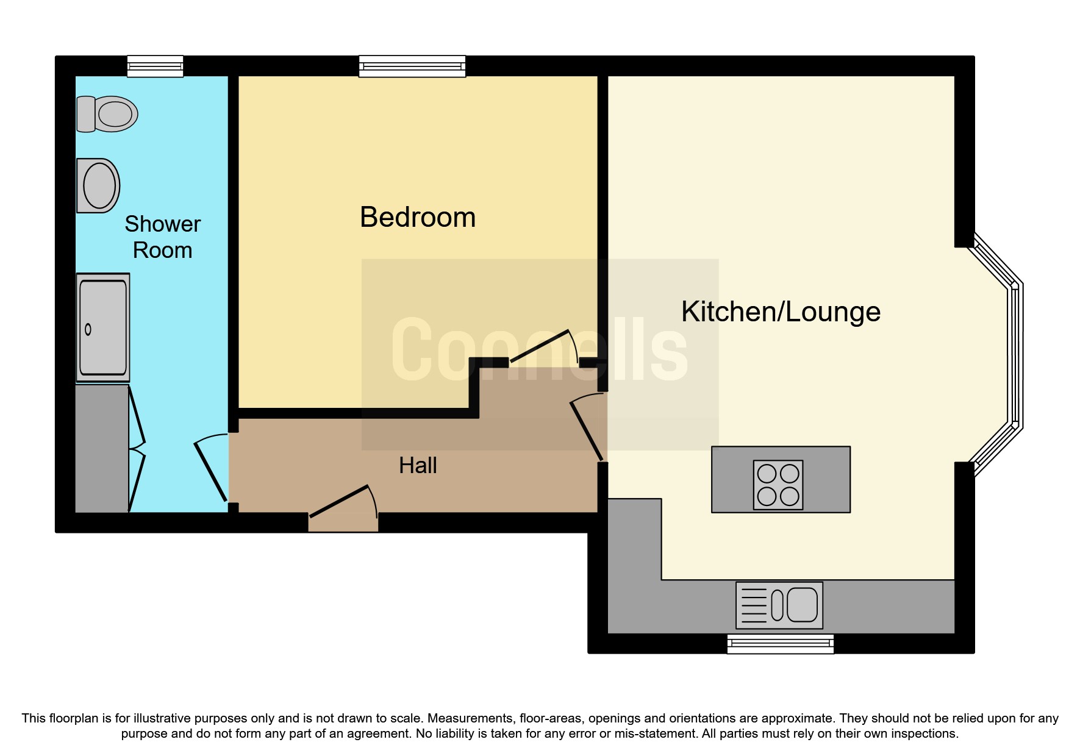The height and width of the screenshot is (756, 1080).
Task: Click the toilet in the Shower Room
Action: (107, 114)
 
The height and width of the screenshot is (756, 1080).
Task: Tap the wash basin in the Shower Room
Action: (98, 185)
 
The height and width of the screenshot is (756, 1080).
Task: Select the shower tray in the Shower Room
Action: (103, 327)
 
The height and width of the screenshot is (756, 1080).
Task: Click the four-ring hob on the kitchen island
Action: (778, 485)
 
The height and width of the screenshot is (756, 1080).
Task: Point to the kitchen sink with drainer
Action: (779, 605)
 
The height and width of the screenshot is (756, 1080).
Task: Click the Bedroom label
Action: (418, 218)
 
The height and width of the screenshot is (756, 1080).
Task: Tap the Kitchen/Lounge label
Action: (781, 312)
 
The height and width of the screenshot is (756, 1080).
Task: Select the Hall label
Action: (418, 466)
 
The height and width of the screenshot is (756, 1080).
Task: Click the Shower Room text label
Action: (162, 237)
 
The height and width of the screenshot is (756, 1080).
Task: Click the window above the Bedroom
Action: (412, 66)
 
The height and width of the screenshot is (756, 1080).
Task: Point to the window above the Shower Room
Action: (155, 66)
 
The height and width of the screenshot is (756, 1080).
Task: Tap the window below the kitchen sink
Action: (780, 644)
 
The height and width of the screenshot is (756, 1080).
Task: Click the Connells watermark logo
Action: (540, 351)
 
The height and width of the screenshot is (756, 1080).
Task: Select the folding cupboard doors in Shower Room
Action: (137, 448)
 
